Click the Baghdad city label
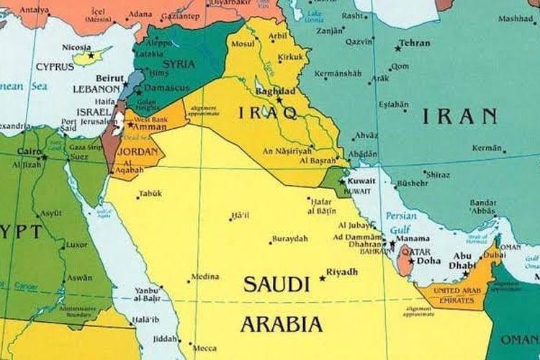click(x=275, y=91)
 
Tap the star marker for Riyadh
click(x=322, y=279)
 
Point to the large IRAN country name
click(x=459, y=114)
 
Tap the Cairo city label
click(x=28, y=152)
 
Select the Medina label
click(x=205, y=276)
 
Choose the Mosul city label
click(x=242, y=43)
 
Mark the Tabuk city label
click(x=150, y=193)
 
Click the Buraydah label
click(x=289, y=238)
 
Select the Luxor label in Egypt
click(x=76, y=244)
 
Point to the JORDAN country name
click(x=138, y=153)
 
